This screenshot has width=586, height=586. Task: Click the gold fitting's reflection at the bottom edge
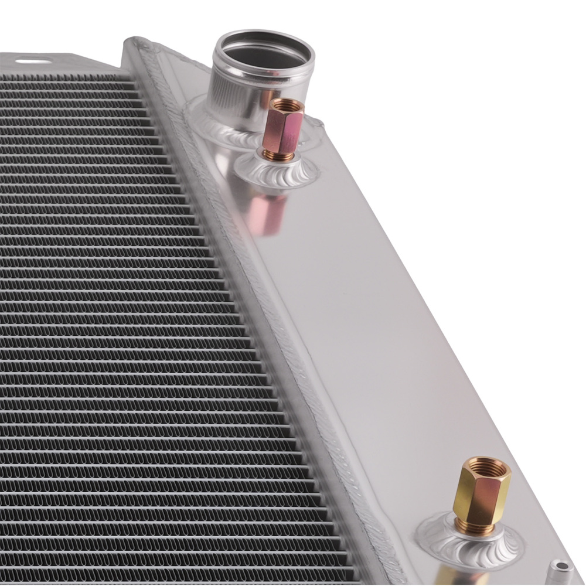coord(454,577)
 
